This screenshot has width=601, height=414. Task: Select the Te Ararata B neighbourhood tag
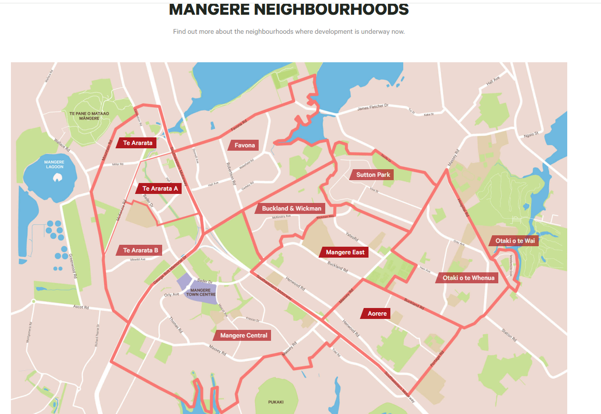coord(140,250)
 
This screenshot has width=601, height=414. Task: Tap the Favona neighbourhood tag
coord(244,145)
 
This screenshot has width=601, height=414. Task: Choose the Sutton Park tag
coord(373,175)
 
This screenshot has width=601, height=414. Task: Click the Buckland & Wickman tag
coord(291,208)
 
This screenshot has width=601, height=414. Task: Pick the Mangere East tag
coord(345,252)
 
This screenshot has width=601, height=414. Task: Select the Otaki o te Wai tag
coord(514,241)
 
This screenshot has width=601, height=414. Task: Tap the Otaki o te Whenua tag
coord(468,278)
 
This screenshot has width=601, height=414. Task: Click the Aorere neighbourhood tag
coord(377,314)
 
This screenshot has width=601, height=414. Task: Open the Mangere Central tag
coord(243,336)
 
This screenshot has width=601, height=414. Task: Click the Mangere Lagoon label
coord(54,164)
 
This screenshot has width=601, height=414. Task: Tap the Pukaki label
coord(276,402)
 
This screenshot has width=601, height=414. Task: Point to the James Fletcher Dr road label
coord(373,108)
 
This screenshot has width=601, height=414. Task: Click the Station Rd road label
coord(508,334)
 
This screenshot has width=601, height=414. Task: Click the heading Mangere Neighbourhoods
coord(289,10)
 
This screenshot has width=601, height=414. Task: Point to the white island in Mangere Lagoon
coord(58,178)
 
